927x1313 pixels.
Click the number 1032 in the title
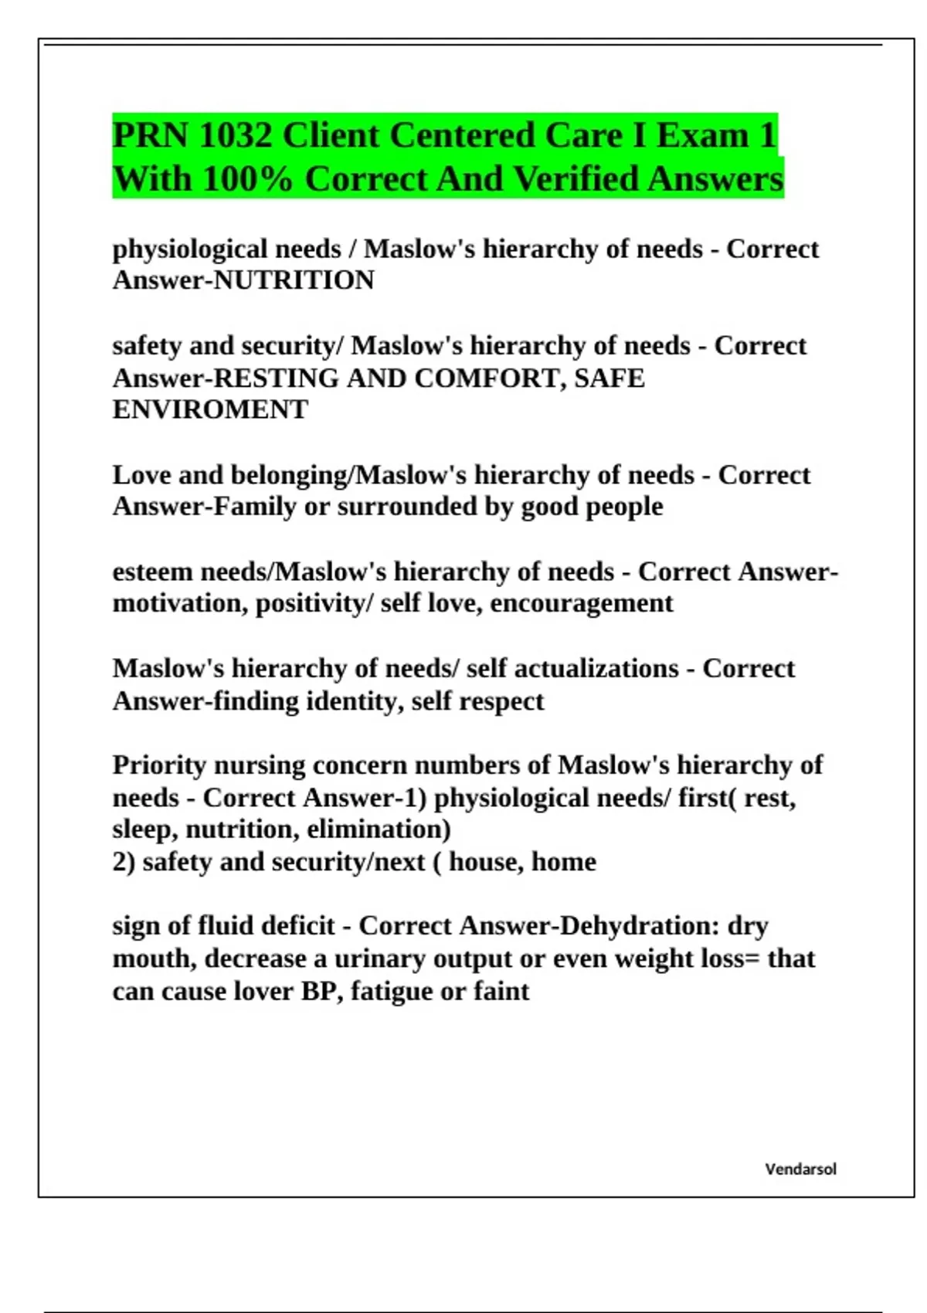coord(235,136)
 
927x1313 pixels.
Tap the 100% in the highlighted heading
coord(247,179)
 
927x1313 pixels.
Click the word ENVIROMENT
coord(210,409)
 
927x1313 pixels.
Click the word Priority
coord(158,765)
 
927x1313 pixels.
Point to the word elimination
coord(379,830)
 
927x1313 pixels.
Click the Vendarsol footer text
coord(800,1169)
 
